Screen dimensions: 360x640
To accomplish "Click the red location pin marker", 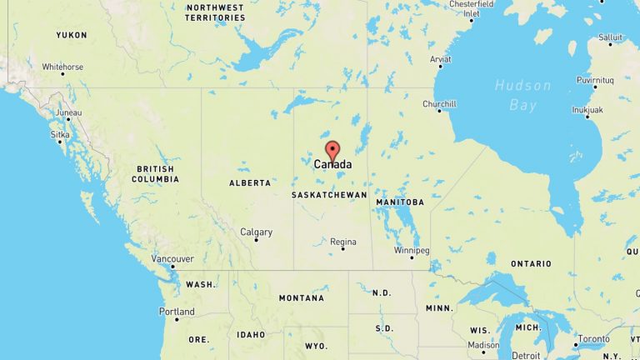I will coord(332,152).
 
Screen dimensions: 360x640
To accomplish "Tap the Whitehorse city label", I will coord(62,67).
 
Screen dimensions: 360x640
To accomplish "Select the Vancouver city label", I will coord(172,259).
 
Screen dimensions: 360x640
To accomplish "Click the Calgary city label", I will coord(256,232).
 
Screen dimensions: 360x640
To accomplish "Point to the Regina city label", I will coord(343,242).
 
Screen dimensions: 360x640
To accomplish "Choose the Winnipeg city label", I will coord(412,250).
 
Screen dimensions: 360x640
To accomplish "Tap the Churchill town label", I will coord(439,104).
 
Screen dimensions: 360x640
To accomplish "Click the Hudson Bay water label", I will coord(522,95).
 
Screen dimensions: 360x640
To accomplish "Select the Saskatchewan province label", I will coord(329,195).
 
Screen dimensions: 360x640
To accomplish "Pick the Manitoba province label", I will coord(400,202).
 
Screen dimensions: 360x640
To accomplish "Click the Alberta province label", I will coord(250,182).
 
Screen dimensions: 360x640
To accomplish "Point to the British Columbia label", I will coord(155,174).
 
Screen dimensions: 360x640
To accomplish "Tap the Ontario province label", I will coord(531,264).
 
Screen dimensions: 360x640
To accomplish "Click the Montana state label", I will coord(302,298).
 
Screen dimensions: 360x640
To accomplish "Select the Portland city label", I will coord(177,312).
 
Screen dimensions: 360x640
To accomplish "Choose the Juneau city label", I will coord(68,112).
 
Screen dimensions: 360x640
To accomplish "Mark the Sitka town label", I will coord(61,133).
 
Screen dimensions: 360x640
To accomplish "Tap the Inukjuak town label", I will coord(587,110).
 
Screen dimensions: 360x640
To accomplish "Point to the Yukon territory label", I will coord(71,35).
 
